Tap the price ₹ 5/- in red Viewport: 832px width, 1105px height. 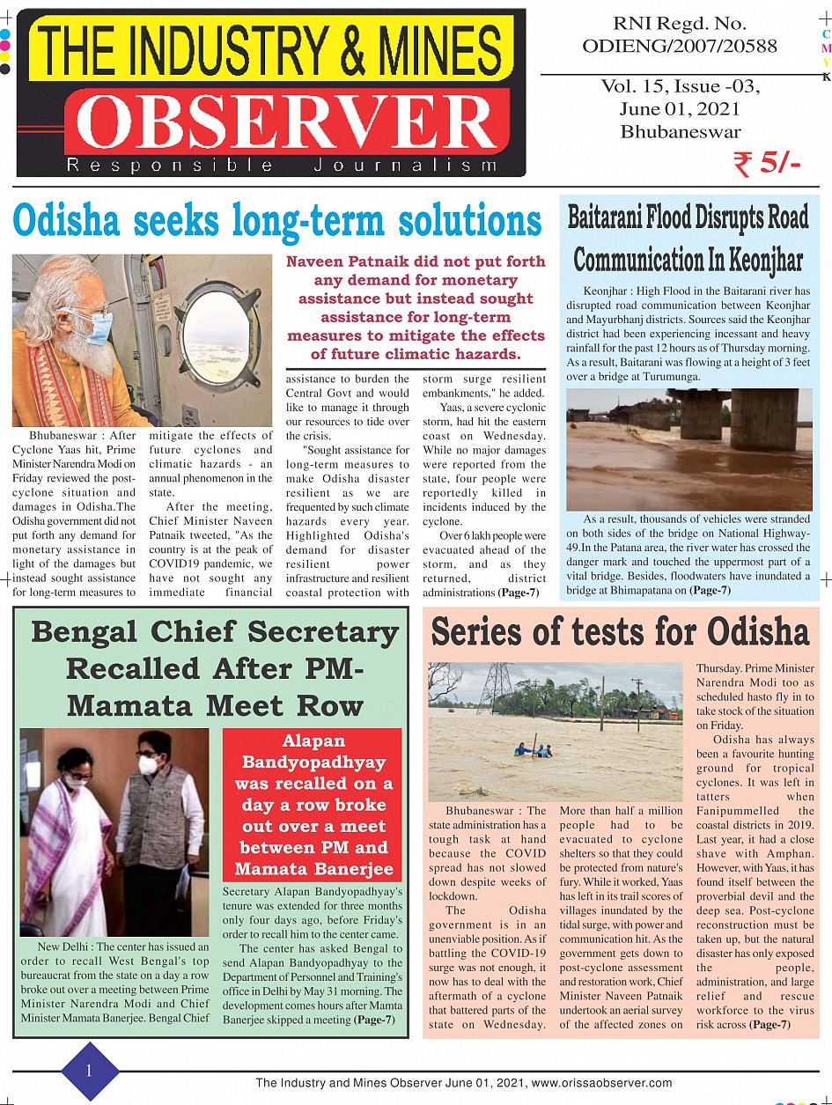click(765, 163)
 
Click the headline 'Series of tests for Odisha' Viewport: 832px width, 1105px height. click(620, 632)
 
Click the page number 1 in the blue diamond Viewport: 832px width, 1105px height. click(89, 1071)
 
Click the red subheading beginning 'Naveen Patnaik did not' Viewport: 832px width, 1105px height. click(416, 308)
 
